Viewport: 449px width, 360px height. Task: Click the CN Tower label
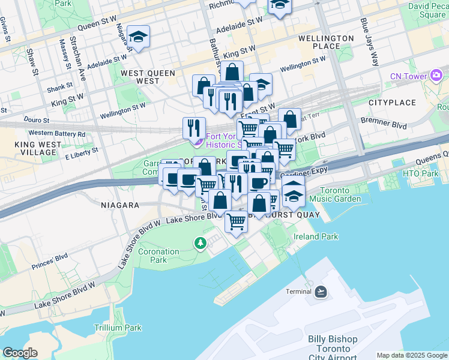click(x=408, y=76)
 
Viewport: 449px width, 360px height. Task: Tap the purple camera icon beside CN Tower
click(x=436, y=76)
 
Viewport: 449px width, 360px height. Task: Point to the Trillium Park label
click(x=118, y=328)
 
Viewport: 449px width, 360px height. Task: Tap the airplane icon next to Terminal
click(x=321, y=292)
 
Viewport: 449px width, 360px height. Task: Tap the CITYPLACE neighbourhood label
click(x=392, y=103)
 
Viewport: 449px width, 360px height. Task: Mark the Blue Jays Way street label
click(x=370, y=41)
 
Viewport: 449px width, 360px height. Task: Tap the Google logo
click(x=20, y=353)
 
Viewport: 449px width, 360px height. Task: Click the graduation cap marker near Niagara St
click(x=138, y=38)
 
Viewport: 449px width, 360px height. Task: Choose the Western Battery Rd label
click(x=56, y=133)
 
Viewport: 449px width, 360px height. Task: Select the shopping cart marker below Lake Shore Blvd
click(x=236, y=221)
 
